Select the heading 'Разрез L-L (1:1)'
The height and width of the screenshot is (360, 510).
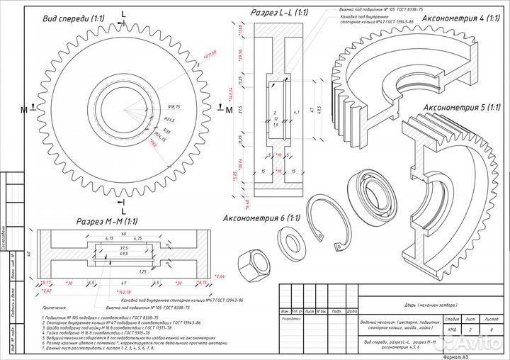pos(280,13)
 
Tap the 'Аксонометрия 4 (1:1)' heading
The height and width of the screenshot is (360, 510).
pos(461,18)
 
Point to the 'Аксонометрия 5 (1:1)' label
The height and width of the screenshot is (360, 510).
pos(462,108)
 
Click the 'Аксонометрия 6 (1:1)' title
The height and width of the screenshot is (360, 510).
pos(261,218)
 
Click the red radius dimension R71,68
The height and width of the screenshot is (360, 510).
pos(210,53)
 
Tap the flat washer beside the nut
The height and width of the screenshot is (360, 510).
pos(290,242)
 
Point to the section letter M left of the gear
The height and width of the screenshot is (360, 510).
pos(23,109)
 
